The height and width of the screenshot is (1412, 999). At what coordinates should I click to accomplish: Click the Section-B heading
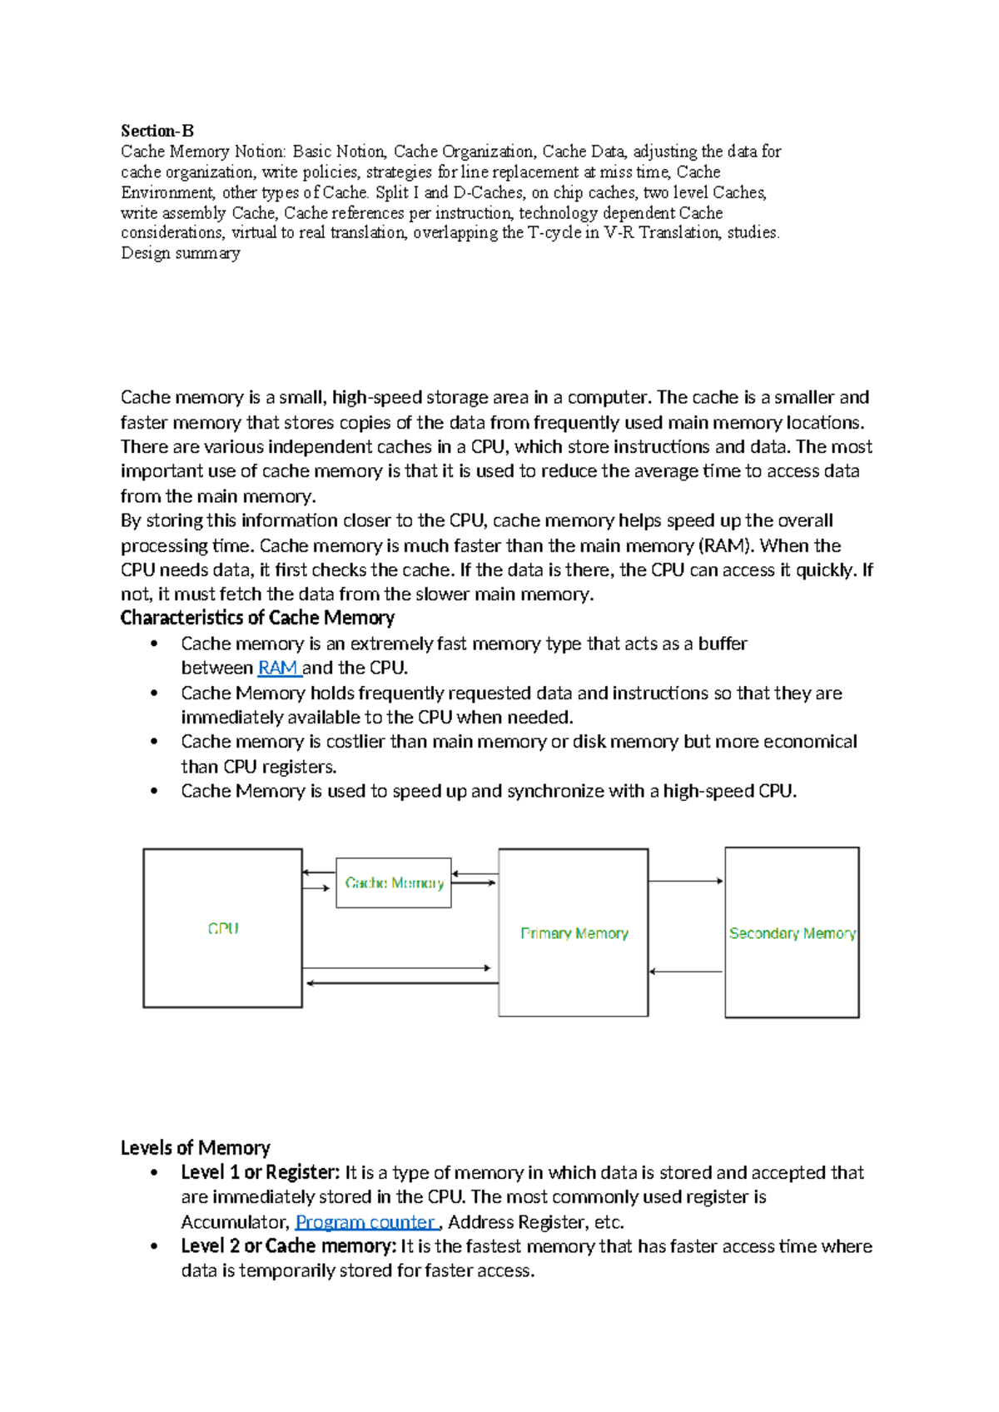click(x=157, y=131)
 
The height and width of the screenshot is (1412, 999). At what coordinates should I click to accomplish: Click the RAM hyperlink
click(x=278, y=668)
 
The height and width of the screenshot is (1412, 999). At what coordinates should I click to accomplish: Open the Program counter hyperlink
click(x=365, y=1221)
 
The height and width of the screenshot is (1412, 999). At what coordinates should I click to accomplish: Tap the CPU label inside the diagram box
click(x=223, y=928)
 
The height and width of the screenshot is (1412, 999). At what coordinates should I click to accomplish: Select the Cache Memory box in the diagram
click(x=394, y=882)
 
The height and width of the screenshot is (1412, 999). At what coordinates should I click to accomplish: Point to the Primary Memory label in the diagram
click(x=574, y=933)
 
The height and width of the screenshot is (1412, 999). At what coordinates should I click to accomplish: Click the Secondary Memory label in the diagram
click(x=792, y=933)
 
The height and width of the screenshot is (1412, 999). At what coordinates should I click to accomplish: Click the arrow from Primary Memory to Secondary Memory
click(x=686, y=881)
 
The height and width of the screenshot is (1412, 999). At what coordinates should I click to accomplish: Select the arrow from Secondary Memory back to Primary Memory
click(x=686, y=972)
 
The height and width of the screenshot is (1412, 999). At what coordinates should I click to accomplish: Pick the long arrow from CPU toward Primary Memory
click(x=397, y=967)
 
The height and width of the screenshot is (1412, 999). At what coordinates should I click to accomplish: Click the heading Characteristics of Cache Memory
click(x=257, y=618)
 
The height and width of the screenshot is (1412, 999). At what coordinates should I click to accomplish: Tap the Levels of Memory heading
click(x=196, y=1147)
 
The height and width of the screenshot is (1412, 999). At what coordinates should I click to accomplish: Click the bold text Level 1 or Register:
click(x=261, y=1172)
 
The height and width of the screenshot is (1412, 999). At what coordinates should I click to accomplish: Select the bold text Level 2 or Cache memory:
click(x=289, y=1246)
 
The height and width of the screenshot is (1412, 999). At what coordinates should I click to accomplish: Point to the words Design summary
click(x=181, y=253)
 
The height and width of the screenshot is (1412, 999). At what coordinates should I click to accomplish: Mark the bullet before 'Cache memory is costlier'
click(x=154, y=742)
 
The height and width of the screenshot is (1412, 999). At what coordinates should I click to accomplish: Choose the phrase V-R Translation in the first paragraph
click(x=662, y=232)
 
